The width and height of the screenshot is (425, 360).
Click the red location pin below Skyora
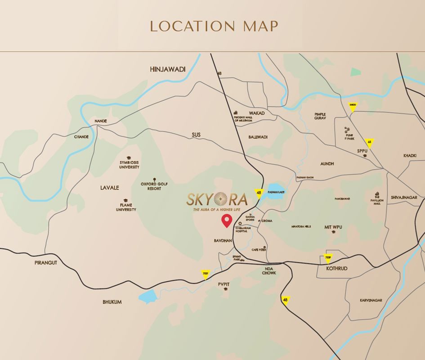pyautogui.click(x=227, y=221)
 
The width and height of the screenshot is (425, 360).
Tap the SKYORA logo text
pyautogui.click(x=218, y=198)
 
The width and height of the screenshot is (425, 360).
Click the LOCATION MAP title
pyautogui.click(x=214, y=26)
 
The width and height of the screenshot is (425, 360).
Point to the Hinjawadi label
pyautogui.click(x=167, y=69)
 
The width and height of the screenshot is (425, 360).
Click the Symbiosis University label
pyautogui.click(x=129, y=164)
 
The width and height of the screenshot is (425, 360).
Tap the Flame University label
pyautogui.click(x=126, y=207)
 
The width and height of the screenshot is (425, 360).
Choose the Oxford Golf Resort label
pyautogui.click(x=154, y=186)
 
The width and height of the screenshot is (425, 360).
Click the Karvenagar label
pyautogui.click(x=371, y=300)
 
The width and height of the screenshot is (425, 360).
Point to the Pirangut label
pyautogui.click(x=45, y=262)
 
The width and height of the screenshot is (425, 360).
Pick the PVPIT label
pyautogui.click(x=224, y=284)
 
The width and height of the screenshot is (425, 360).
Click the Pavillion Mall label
pyautogui.click(x=377, y=198)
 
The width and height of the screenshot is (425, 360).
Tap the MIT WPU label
pyautogui.click(x=333, y=227)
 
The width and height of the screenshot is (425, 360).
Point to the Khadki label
pyautogui.click(x=410, y=156)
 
